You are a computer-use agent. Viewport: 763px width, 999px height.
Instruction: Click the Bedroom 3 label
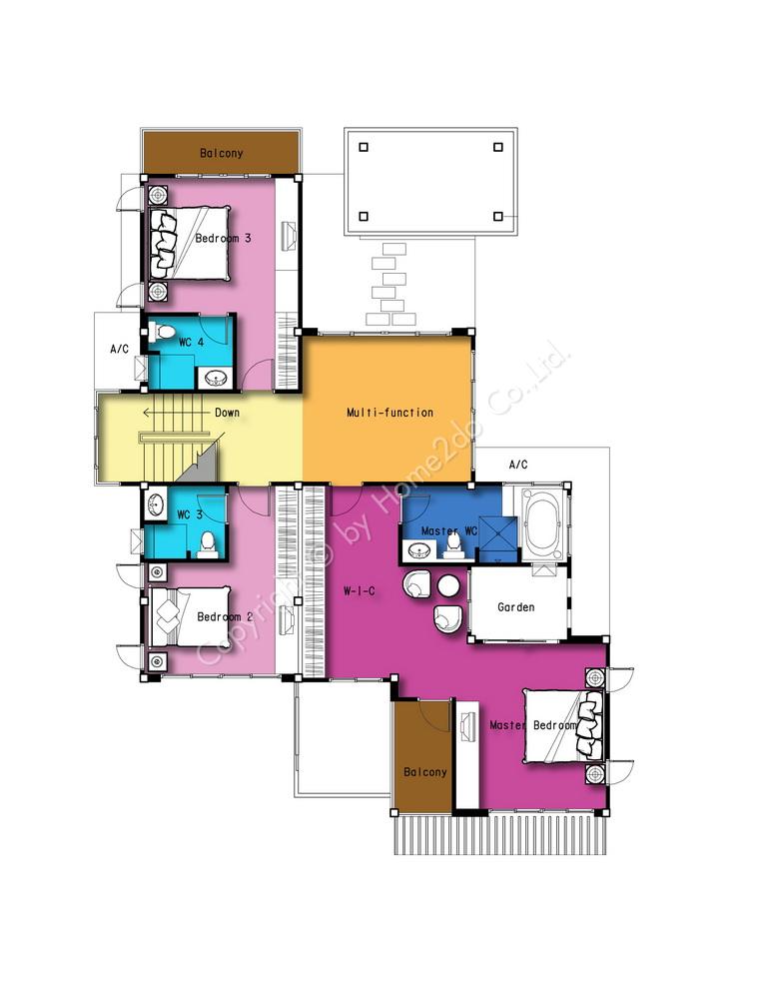point(223,239)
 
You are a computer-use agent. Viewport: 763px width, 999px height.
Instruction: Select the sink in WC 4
point(215,380)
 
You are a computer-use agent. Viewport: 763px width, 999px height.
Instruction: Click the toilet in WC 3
point(207,545)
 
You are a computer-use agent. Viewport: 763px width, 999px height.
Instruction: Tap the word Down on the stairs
point(227,413)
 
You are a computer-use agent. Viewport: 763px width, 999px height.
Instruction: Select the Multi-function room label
point(389,413)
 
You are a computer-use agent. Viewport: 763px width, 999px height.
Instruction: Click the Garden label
point(516,607)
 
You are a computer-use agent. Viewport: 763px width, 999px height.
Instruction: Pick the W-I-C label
point(360,591)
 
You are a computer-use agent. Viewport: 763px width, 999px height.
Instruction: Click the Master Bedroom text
point(533,725)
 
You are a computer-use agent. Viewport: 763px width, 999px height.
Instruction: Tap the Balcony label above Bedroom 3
point(221,153)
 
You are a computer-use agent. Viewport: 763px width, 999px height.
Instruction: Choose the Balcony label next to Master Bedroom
point(425,772)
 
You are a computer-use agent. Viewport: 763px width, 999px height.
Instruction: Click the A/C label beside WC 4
point(119,349)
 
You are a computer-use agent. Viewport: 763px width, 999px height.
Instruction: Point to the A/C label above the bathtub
point(518,465)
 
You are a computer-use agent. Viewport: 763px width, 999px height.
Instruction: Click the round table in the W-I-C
point(448,585)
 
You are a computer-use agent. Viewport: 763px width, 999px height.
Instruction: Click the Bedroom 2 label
point(225,616)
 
